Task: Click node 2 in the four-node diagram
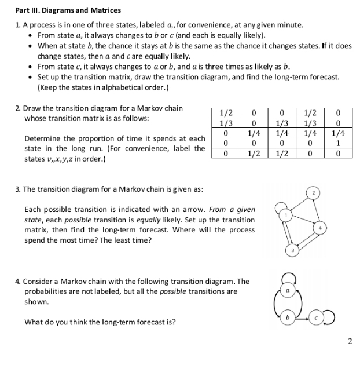click(314, 192)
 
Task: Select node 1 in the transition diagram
click(285, 216)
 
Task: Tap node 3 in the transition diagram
click(293, 250)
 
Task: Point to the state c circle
click(316, 317)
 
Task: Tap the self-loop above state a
click(285, 275)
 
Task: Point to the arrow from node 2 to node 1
click(299, 203)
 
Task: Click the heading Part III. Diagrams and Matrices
click(68, 10)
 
